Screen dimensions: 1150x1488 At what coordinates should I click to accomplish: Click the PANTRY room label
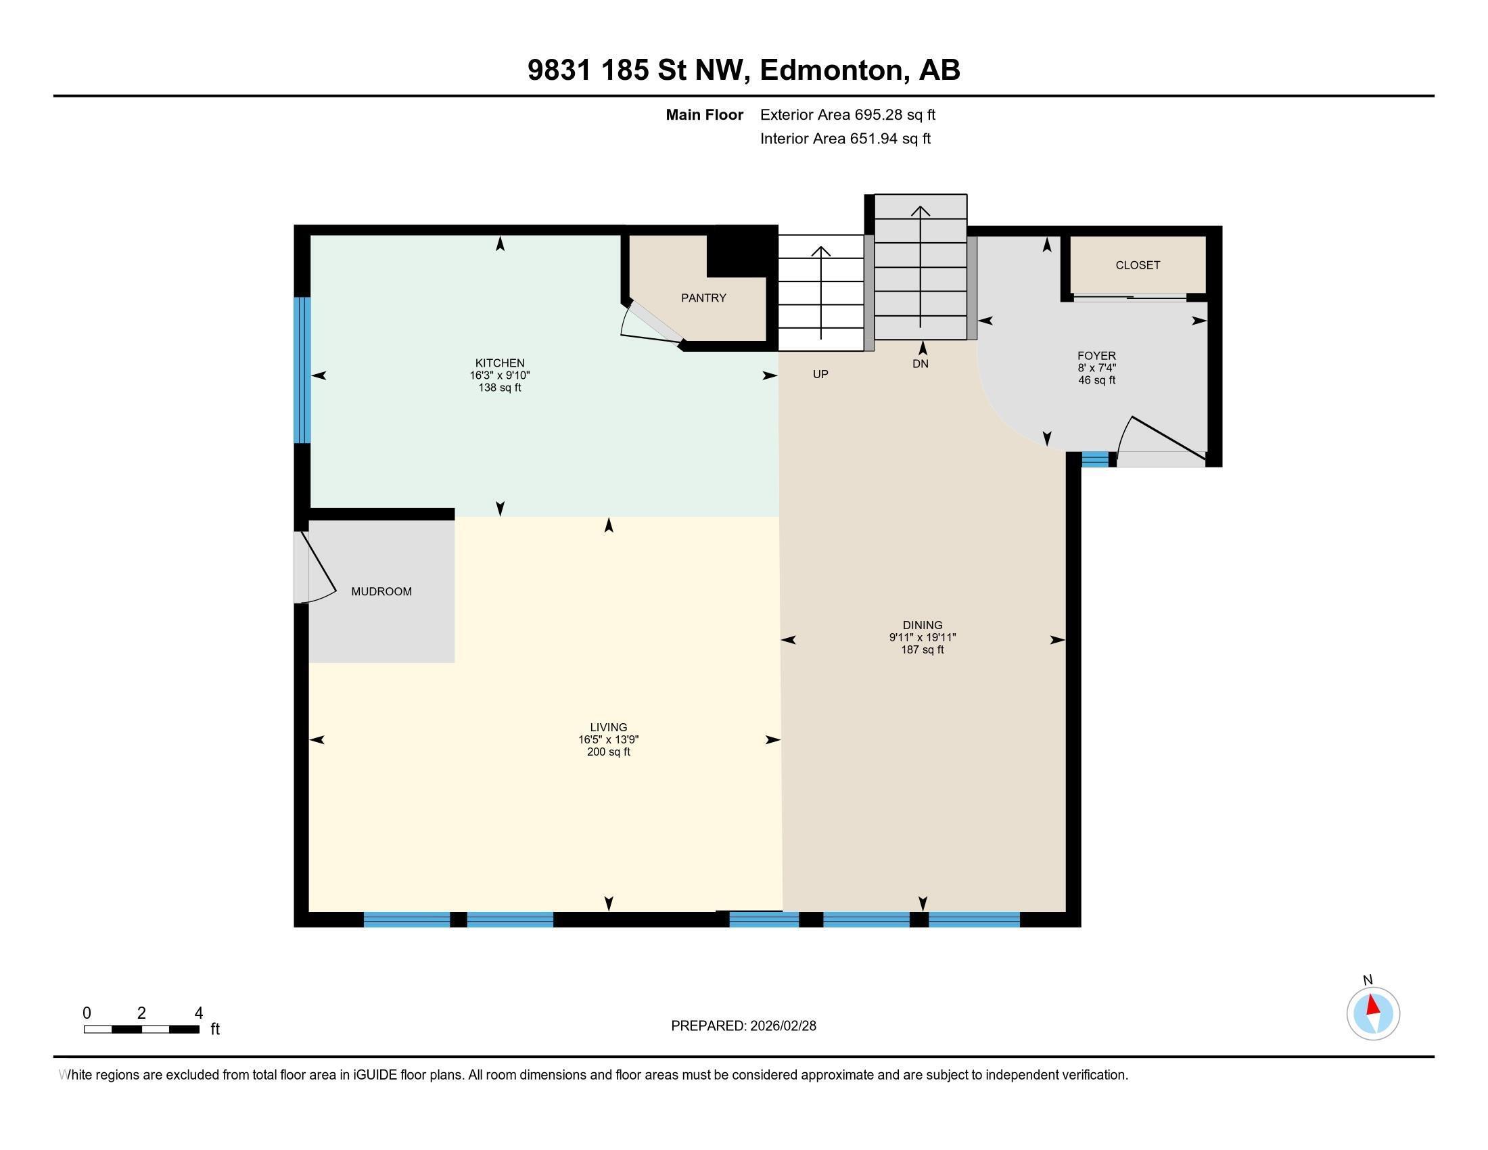(703, 298)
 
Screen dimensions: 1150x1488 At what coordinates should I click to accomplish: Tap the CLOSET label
(1137, 265)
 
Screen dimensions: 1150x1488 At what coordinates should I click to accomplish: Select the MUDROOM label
(381, 591)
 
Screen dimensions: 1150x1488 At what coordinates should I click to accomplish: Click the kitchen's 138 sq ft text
(499, 388)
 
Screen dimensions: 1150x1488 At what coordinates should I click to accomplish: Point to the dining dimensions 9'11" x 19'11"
(922, 638)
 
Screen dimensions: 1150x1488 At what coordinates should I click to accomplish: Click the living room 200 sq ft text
(609, 752)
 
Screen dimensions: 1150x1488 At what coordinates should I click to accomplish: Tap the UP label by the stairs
(820, 374)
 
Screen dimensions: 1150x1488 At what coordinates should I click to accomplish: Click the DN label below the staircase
(920, 364)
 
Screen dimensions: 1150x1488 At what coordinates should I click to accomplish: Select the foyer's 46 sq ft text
(1096, 380)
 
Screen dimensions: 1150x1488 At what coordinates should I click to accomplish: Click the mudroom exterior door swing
(317, 570)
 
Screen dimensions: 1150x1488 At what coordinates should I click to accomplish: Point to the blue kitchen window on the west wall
(302, 370)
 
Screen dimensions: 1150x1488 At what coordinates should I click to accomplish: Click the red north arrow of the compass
(1372, 1005)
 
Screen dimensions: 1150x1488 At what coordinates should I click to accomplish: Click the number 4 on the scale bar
(198, 1013)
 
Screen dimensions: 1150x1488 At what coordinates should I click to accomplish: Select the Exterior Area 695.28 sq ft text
(847, 114)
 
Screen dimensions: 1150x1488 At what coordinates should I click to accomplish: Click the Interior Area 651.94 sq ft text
(845, 139)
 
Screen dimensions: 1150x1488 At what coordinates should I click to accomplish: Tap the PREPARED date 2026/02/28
(743, 1026)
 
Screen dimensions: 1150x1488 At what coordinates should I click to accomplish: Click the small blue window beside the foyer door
(1094, 460)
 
